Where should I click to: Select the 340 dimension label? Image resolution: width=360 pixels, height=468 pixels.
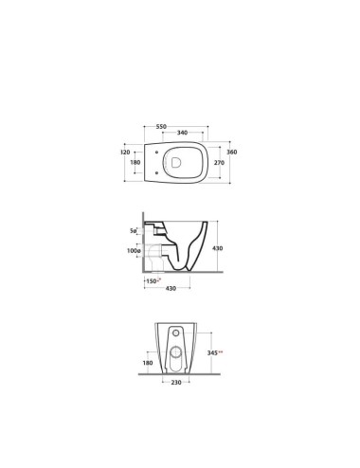(x=181, y=134)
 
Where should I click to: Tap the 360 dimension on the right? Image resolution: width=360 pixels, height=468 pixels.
(x=230, y=151)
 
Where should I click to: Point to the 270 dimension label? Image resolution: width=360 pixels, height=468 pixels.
(x=220, y=163)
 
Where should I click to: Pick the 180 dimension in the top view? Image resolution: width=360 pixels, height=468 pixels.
(x=135, y=163)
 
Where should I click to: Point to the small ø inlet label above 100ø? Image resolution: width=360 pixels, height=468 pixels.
(x=134, y=230)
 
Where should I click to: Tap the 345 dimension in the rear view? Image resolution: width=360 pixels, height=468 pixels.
(x=215, y=351)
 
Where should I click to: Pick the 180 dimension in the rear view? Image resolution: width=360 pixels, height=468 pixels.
(x=147, y=363)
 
